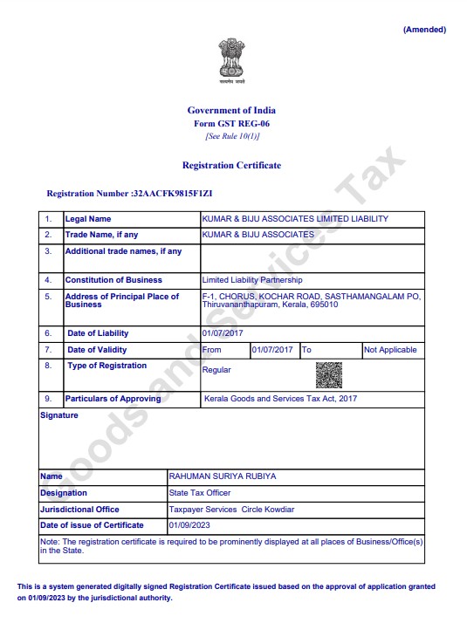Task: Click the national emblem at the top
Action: click(232, 61)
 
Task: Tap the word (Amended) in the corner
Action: click(424, 30)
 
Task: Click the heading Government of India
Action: click(231, 110)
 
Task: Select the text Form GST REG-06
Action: click(231, 124)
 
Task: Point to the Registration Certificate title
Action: click(231, 165)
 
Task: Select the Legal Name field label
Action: click(88, 219)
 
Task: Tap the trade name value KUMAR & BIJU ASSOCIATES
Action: click(258, 235)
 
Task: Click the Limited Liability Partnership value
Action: click(251, 280)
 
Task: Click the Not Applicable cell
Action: click(390, 350)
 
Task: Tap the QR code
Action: click(328, 374)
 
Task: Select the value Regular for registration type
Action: click(216, 370)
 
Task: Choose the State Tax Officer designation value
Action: click(201, 493)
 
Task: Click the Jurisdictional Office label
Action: click(80, 509)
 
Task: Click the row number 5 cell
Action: click(49, 297)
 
